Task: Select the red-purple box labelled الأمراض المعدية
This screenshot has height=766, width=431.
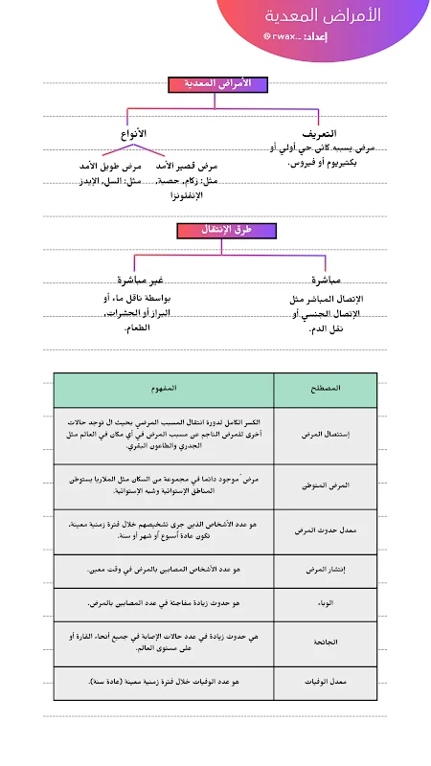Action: [x=222, y=84]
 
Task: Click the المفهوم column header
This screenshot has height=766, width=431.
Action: [x=164, y=389]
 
